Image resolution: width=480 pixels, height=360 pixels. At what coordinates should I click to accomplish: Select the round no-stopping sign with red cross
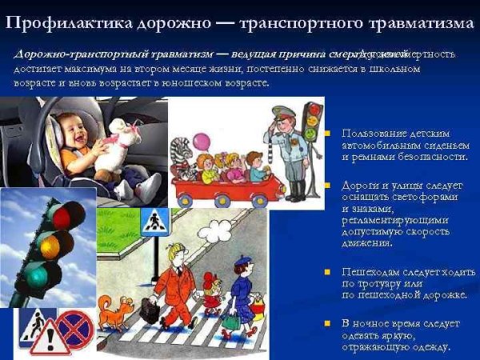point(75,329)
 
